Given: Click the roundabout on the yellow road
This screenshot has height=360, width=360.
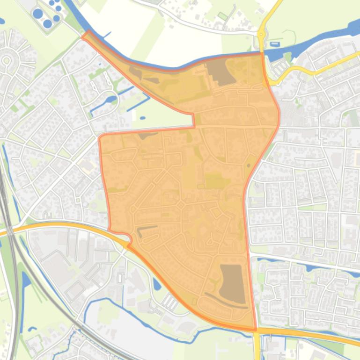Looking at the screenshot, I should pos(261,34).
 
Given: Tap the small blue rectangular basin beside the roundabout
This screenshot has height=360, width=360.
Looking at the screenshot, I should pos(274,44).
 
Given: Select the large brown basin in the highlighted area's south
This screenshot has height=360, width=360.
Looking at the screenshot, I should pos(233,283).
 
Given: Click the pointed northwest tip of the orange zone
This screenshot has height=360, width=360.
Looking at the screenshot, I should pos(86,34).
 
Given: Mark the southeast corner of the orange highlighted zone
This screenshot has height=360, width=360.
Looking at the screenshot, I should pos(256,329).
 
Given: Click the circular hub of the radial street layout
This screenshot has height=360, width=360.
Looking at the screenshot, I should pos(7,60).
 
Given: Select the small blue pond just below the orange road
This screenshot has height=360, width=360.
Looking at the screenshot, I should pos(156,284).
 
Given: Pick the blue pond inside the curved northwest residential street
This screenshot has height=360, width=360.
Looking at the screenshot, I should pos(111,99).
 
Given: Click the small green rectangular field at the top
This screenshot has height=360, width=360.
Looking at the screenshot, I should pos(222,16).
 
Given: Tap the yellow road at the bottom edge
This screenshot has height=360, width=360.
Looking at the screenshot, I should pos(257,348).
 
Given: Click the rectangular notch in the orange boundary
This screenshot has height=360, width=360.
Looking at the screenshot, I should pos(193,121).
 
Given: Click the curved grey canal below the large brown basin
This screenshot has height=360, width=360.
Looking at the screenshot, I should pos(225,302).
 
